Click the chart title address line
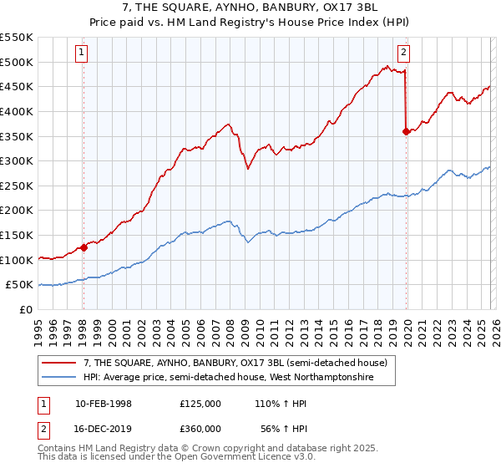point(250,8)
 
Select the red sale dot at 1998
point(83,247)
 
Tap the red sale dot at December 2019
point(406,131)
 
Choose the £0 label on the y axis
point(26,309)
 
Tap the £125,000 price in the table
point(200,404)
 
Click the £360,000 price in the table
point(200,428)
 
